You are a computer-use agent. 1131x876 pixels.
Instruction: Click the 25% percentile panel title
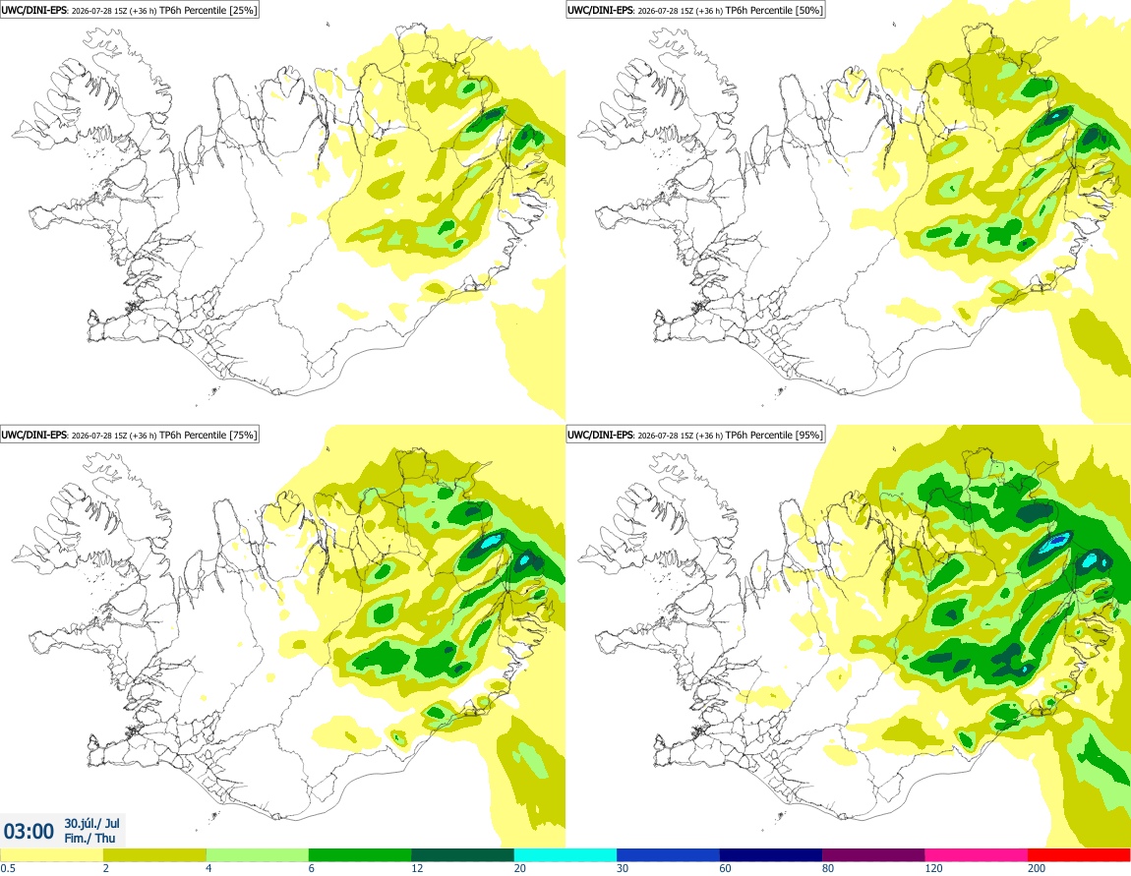(x=129, y=10)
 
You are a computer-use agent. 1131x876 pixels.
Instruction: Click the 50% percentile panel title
(x=695, y=10)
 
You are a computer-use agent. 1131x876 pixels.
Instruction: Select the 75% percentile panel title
(x=129, y=435)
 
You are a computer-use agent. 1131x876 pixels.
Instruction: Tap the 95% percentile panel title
(x=695, y=435)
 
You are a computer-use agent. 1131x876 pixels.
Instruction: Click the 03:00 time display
(x=29, y=832)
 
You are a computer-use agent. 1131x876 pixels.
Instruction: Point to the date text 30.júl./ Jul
(x=91, y=823)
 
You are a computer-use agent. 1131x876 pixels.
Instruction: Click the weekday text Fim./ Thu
(x=89, y=838)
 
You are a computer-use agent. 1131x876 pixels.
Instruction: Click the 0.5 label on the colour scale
(x=8, y=868)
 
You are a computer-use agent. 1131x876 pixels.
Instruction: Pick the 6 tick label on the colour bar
(x=312, y=868)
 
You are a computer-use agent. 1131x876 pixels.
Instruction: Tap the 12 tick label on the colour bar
(x=417, y=868)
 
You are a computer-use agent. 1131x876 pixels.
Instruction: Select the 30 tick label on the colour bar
(x=623, y=868)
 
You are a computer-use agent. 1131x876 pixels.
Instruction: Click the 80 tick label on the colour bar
(x=828, y=868)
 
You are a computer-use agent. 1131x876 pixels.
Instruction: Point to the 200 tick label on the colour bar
(x=1037, y=868)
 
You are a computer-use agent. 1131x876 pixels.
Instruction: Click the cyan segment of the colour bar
(x=565, y=855)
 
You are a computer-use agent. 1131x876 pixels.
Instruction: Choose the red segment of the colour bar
(x=1079, y=855)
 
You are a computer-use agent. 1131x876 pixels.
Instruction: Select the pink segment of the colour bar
(x=976, y=855)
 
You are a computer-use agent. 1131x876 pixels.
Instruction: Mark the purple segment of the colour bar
(x=873, y=855)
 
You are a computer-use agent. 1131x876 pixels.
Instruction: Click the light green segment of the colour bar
(x=257, y=855)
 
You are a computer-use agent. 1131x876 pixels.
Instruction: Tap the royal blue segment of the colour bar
(x=668, y=855)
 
